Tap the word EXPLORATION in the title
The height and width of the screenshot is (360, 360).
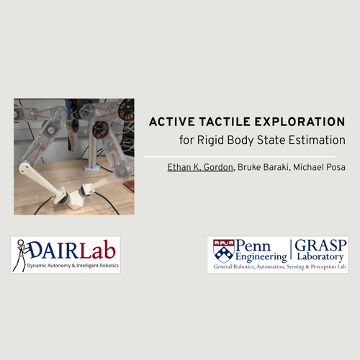click(300, 122)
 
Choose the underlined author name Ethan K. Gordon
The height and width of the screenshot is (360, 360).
click(200, 167)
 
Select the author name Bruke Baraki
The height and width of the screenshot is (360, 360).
click(263, 167)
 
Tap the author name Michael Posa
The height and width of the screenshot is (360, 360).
click(319, 167)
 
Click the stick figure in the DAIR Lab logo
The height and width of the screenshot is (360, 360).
click(22, 255)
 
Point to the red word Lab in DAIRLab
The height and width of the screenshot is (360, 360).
click(97, 251)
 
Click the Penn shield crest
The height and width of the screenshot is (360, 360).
click(224, 251)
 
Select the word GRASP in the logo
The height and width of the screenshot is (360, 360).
click(320, 246)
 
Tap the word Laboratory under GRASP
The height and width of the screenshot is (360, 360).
click(320, 257)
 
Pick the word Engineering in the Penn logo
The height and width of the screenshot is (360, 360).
click(261, 257)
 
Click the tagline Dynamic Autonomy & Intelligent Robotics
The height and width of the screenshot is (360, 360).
click(73, 266)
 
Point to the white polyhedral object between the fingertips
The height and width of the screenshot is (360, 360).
click(77, 198)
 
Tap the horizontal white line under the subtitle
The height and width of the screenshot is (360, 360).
click(239, 157)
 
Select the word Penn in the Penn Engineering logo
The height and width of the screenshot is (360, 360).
click(253, 246)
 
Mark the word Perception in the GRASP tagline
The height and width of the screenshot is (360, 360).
click(323, 267)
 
